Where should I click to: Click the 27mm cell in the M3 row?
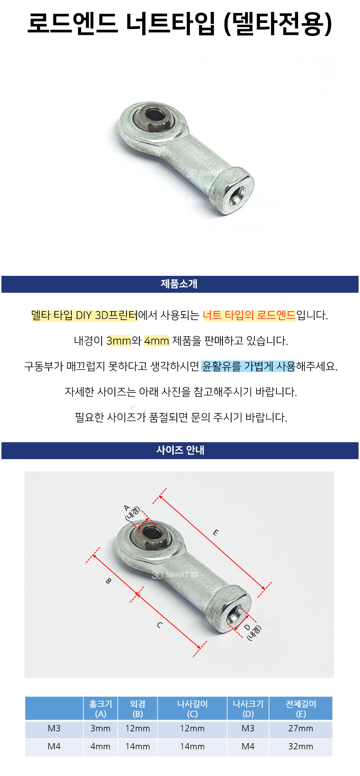pos(301,728)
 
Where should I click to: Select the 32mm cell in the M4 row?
pos(301,746)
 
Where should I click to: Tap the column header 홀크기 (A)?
pos(100,708)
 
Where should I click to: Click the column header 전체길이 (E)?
pos(301,708)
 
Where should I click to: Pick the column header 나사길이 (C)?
pos(192,708)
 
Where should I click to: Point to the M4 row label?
pos(54,746)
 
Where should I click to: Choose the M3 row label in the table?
pos(54,728)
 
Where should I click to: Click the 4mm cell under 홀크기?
pos(100,746)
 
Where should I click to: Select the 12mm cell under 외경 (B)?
pos(138,728)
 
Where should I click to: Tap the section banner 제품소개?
pos(179,284)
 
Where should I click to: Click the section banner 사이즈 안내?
pos(180,450)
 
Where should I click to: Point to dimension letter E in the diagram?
pos(215,532)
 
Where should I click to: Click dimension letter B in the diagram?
pos(108,581)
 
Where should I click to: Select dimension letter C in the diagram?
pos(159,625)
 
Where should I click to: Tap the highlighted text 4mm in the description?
pos(157,341)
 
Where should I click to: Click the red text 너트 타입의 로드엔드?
pos(249,315)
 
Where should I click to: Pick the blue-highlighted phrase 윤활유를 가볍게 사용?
pos(248,366)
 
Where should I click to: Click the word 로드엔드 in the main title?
pos(72,23)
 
